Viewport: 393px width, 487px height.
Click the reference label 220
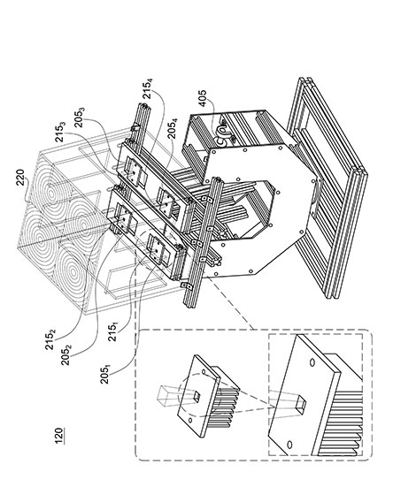coord(21,177)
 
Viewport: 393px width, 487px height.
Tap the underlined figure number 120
coord(58,436)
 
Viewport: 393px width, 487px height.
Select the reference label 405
coord(203,98)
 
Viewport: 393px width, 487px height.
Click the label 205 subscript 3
coord(80,117)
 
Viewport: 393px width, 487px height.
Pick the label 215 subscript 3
coord(60,133)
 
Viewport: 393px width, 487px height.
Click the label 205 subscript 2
coord(66,355)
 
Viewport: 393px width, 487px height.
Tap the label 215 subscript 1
coord(113,331)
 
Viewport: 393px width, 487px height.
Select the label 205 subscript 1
coord(105,374)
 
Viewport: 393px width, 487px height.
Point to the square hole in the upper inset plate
coord(197,395)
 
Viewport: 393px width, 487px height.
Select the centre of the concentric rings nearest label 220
coord(50,194)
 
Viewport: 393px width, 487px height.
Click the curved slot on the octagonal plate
coord(316,195)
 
